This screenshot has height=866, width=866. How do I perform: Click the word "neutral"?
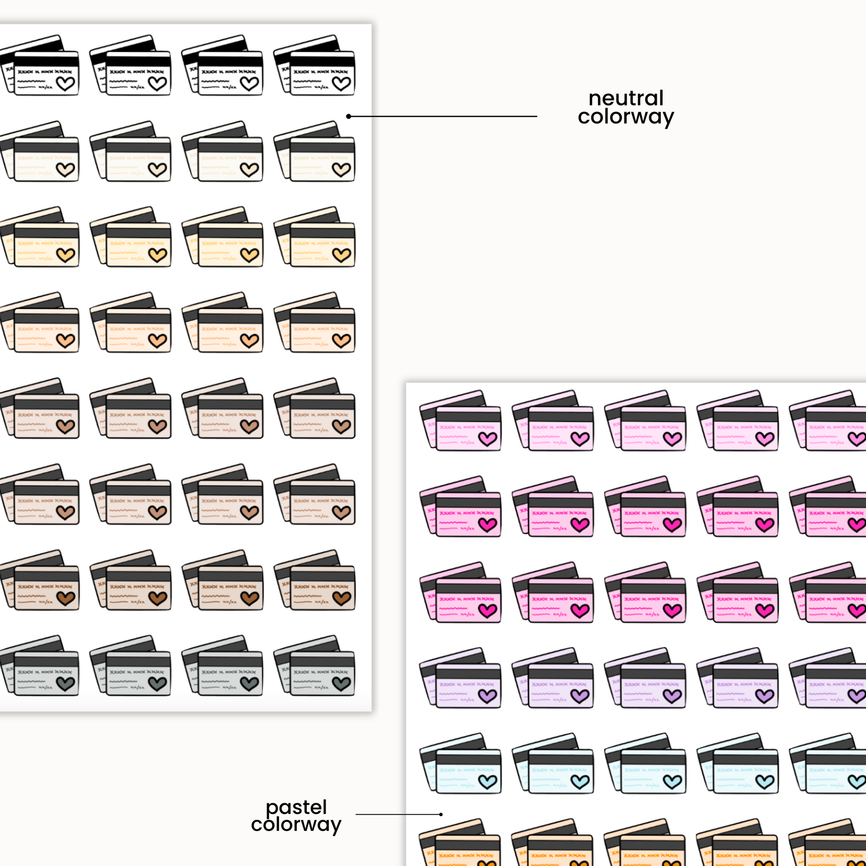tap(626, 98)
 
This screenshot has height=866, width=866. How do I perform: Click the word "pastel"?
tap(296, 808)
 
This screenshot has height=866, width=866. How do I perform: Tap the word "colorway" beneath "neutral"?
tap(626, 117)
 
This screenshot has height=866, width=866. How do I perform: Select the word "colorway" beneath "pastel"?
tap(296, 824)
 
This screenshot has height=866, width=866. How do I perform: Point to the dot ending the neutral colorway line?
tap(348, 117)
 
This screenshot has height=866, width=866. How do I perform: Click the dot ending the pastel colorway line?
tap(441, 814)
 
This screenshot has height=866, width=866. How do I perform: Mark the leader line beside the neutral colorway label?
tap(444, 117)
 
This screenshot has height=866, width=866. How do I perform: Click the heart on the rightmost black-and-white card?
tap(341, 83)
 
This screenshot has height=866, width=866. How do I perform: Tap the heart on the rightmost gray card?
tap(341, 684)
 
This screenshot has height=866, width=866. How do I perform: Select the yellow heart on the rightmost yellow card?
tap(341, 255)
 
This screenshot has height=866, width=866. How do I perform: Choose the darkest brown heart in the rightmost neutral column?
tap(341, 598)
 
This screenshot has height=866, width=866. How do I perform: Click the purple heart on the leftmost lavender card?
tap(488, 696)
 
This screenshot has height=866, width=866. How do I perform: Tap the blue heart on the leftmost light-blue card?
tap(488, 782)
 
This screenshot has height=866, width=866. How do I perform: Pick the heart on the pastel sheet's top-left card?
tap(488, 439)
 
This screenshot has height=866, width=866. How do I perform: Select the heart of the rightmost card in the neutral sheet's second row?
tap(341, 170)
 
